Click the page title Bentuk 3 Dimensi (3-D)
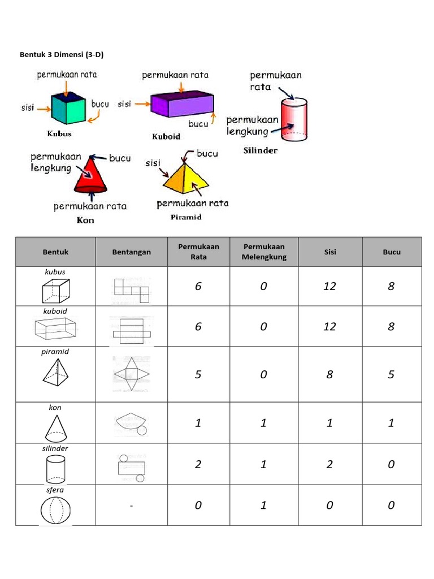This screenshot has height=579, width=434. [x=63, y=55]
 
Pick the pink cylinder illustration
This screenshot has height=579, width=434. [x=294, y=120]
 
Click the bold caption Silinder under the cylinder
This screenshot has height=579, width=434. [x=260, y=151]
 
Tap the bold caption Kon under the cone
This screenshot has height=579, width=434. [x=85, y=221]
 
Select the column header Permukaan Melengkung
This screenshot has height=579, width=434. [x=264, y=252]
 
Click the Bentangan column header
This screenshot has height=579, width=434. [x=131, y=252]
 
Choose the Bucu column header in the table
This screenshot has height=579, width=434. [x=391, y=252]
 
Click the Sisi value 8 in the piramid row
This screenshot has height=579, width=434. [x=329, y=374]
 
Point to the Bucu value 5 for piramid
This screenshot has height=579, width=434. [x=391, y=374]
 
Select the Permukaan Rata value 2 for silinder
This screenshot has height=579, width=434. [x=198, y=464]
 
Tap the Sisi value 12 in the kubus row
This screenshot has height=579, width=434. [x=329, y=286]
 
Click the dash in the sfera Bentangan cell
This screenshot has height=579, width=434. [x=131, y=505]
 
